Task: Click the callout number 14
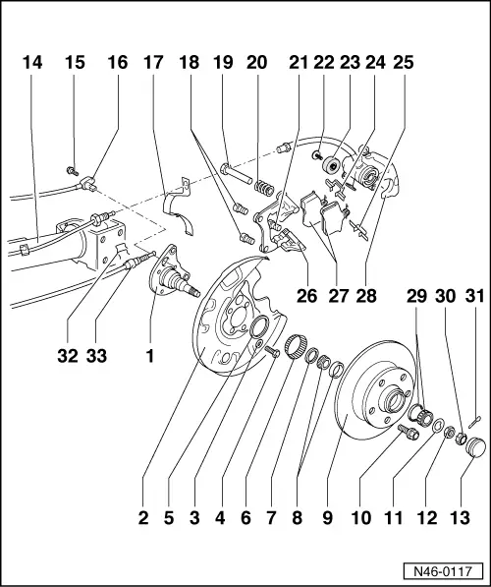[32, 62]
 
